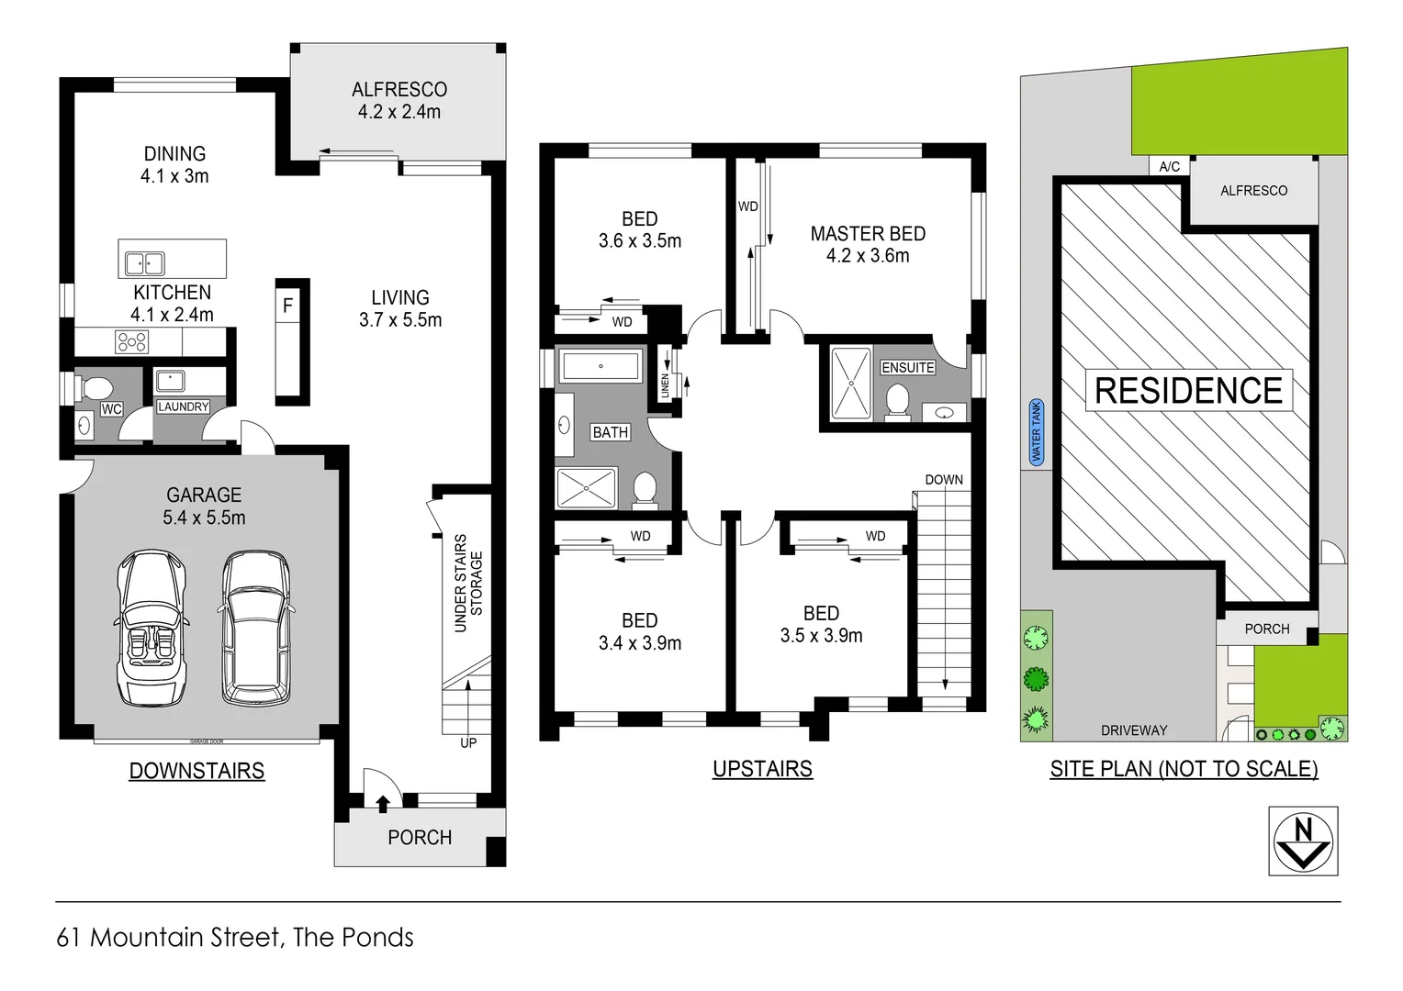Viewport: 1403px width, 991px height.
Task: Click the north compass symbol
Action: click(x=1302, y=841)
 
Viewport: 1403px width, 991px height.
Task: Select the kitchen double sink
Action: click(x=144, y=263)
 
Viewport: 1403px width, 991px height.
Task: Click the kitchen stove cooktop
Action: click(x=131, y=342)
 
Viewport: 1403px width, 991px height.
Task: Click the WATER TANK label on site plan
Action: click(x=1036, y=432)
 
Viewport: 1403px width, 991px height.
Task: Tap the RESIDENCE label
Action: click(x=1188, y=391)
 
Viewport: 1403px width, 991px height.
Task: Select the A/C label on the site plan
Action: click(x=1169, y=166)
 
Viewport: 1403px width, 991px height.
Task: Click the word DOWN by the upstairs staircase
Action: click(x=943, y=480)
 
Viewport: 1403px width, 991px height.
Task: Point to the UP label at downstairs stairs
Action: click(x=468, y=742)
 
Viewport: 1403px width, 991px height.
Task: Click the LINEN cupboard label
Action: click(x=666, y=386)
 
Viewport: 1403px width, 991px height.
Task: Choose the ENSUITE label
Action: click(x=907, y=367)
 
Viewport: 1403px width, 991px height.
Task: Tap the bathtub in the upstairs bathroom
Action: click(x=600, y=366)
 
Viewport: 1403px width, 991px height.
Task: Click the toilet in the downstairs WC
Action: click(x=95, y=389)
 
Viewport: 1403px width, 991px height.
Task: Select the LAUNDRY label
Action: click(x=183, y=406)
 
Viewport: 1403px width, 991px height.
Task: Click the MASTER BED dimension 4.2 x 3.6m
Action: click(x=867, y=256)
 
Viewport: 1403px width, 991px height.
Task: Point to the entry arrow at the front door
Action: click(x=382, y=804)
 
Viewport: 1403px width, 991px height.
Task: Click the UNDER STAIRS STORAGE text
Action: click(x=468, y=583)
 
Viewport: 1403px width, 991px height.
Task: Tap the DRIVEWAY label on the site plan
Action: click(x=1134, y=730)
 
